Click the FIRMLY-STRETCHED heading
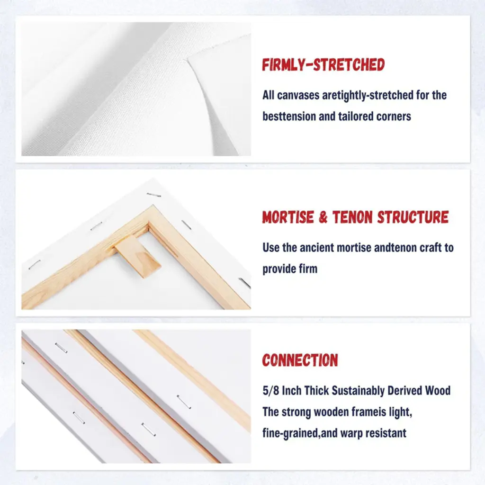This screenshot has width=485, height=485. pos(323,64)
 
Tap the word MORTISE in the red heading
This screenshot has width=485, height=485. pos(287,217)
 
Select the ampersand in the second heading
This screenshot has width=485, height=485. pos(323,217)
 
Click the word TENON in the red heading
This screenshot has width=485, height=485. pos(352,217)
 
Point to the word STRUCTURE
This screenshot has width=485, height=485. pos(413,217)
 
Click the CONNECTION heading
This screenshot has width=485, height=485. pos(300,360)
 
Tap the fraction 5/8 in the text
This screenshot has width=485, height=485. pos(271,390)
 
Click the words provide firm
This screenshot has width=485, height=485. pos(290,269)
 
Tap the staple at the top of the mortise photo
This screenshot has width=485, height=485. pos(154,195)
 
